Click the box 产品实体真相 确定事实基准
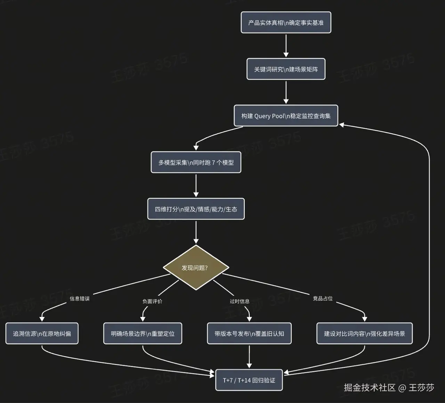[x=286, y=23]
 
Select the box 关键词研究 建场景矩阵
[x=286, y=69]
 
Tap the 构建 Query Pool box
[x=286, y=116]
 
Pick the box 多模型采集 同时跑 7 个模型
[x=196, y=163]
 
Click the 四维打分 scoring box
[x=196, y=209]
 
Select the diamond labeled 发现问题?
[x=196, y=268]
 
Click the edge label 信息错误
[x=80, y=299]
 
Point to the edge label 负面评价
[x=152, y=301]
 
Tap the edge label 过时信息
[x=240, y=301]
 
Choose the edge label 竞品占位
[x=323, y=299]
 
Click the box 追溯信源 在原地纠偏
[x=42, y=334]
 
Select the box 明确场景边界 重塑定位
[x=143, y=334]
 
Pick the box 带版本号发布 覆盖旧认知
[x=249, y=334]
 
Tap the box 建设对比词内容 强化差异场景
[x=364, y=334]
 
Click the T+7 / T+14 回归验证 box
[x=249, y=380]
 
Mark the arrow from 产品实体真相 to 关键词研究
[x=286, y=45]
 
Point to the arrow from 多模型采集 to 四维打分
[x=196, y=185]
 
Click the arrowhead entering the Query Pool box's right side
[x=342, y=124]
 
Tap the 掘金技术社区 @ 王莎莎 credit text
[x=389, y=388]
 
